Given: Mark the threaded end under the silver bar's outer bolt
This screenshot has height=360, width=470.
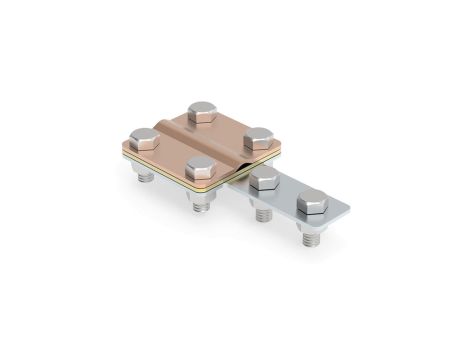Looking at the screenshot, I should point(309,236).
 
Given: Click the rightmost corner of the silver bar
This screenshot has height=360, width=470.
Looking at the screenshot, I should point(349,209).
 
